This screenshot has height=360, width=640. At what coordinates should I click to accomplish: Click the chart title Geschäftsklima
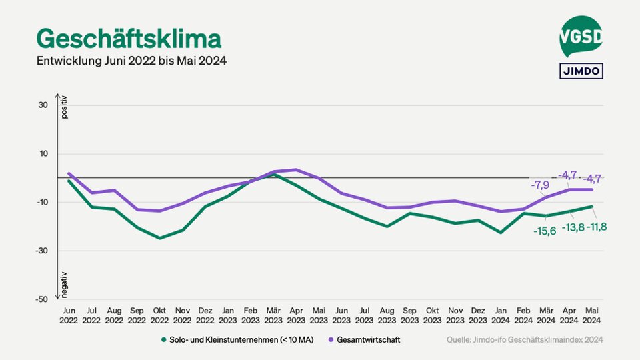click(129, 38)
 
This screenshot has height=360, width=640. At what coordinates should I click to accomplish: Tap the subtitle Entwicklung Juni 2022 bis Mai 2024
click(132, 61)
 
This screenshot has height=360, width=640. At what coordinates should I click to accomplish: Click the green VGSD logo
click(581, 36)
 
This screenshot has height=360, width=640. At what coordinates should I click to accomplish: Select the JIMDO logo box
click(580, 71)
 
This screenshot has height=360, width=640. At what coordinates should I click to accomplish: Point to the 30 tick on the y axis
click(43, 105)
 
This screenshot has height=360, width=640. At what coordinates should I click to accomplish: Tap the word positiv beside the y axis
click(65, 107)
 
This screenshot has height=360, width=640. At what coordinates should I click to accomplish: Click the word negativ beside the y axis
click(65, 284)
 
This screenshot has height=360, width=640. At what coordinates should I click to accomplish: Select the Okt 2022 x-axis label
click(159, 315)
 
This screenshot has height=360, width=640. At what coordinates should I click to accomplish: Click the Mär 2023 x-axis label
click(273, 315)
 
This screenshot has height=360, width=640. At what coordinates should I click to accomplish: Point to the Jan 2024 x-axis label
click(501, 315)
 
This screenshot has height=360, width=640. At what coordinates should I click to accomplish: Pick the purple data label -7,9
click(539, 185)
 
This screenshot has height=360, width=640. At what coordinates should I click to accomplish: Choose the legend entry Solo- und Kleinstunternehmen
click(242, 340)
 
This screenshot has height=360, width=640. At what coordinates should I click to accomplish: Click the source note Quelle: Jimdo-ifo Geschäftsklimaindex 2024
click(525, 340)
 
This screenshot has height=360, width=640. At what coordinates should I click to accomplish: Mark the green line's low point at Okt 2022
click(159, 238)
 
